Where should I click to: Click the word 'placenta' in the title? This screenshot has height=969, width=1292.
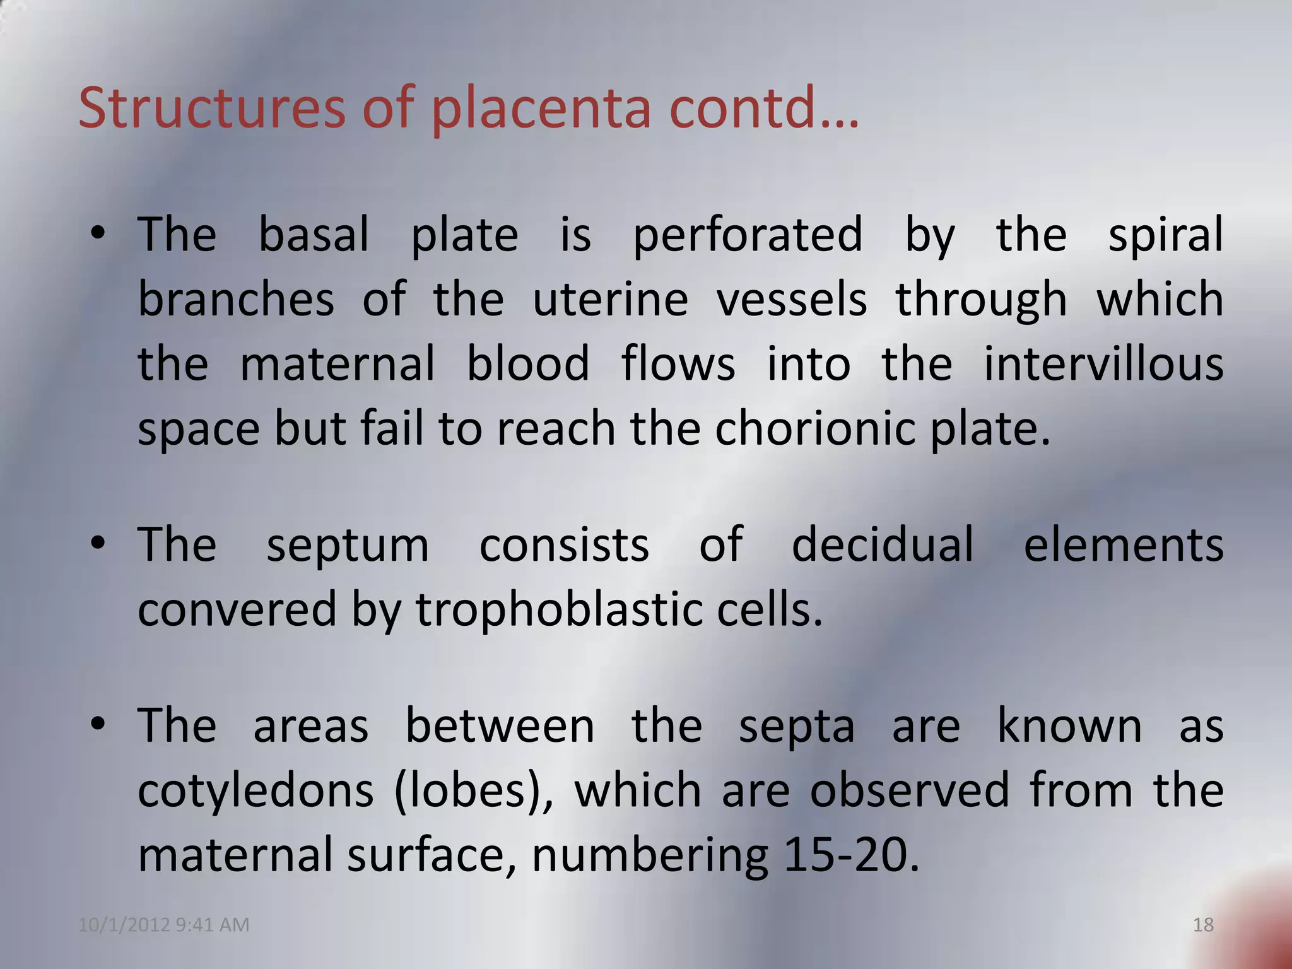click(541, 108)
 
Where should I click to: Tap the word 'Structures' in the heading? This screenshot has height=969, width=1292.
click(212, 108)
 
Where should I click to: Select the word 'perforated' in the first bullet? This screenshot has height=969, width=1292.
click(748, 235)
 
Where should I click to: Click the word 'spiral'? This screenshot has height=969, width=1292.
click(1166, 235)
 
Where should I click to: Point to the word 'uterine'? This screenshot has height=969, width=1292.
click(610, 299)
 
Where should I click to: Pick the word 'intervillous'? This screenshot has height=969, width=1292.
click(1103, 365)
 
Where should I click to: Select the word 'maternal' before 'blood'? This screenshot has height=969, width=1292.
click(338, 365)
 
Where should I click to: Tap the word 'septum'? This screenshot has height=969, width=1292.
click(348, 546)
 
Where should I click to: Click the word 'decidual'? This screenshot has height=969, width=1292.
click(883, 545)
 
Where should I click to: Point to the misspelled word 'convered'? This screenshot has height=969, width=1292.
click(237, 610)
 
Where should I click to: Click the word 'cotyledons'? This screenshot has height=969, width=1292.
click(255, 790)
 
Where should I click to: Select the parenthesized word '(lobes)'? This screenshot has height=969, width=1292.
click(473, 790)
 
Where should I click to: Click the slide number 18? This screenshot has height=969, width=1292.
click(1204, 925)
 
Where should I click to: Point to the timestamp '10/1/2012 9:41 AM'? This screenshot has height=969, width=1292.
click(164, 925)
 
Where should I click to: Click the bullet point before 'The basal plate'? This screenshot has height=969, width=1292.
click(97, 234)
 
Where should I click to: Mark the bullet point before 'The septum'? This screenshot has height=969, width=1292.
click(97, 544)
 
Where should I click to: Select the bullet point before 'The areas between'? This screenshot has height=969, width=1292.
click(97, 725)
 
